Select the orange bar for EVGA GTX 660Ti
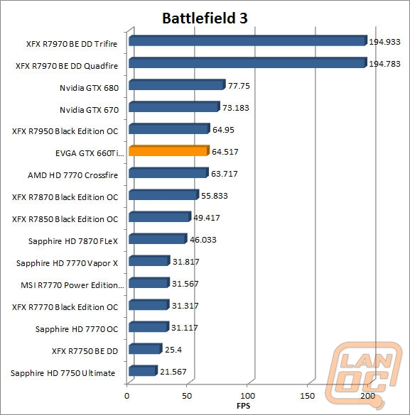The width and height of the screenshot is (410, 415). click(x=168, y=151)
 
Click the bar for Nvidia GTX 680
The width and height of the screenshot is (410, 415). click(x=176, y=86)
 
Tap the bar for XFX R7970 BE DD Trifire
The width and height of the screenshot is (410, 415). click(x=247, y=42)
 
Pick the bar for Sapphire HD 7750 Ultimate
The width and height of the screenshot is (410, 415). click(x=142, y=371)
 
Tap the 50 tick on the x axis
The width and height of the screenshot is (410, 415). click(x=188, y=395)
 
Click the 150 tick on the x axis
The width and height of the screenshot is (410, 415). click(x=308, y=395)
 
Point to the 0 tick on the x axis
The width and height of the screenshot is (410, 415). click(x=127, y=395)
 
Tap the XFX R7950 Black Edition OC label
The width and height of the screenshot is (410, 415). click(x=65, y=131)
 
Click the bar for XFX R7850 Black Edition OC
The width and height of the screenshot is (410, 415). click(x=158, y=217)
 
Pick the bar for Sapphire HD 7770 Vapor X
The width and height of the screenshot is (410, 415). click(x=148, y=261)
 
